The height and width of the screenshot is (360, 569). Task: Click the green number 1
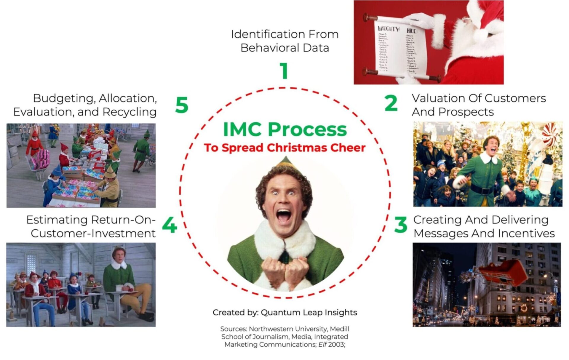click(x=284, y=71)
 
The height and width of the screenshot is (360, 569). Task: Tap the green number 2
click(x=391, y=103)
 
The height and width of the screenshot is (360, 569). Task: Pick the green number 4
click(x=170, y=225)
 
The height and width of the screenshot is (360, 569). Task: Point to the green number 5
click(x=182, y=105)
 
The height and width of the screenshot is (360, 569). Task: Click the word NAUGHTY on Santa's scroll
click(x=388, y=29)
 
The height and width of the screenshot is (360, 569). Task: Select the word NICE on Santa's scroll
click(x=412, y=31)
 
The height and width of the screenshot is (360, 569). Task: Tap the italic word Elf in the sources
click(x=322, y=345)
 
